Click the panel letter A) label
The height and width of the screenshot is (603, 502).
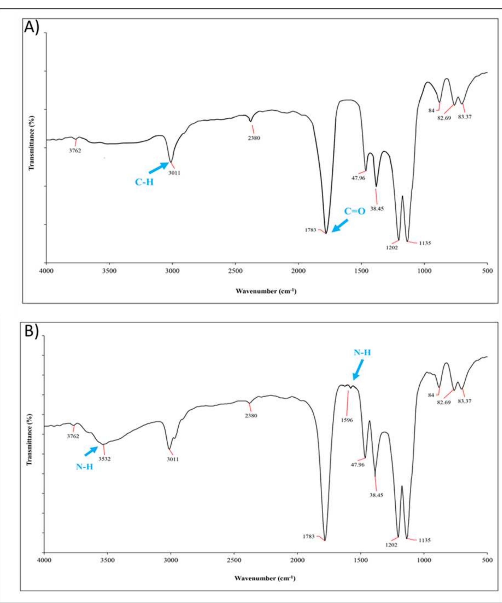click(32, 28)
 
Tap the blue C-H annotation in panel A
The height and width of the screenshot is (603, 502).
click(144, 182)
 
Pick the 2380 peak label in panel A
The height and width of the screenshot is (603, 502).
click(254, 138)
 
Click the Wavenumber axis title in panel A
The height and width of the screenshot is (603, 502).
click(266, 291)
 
